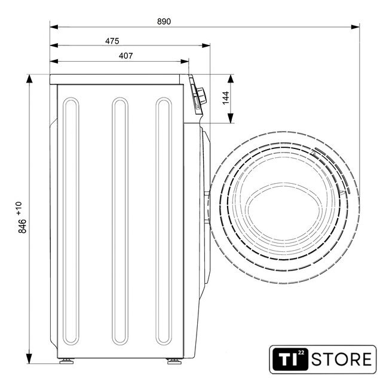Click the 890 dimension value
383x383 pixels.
tap(164, 22)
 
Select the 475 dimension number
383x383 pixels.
tap(112, 41)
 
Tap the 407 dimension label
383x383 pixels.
tap(126, 56)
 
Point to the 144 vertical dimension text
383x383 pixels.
tap(226, 98)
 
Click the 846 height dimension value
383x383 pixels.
tap(23, 226)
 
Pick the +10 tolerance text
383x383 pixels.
tap(19, 209)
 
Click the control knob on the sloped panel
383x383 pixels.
tap(202, 96)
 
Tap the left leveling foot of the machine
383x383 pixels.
tap(66, 361)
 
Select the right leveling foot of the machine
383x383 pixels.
tap(174, 361)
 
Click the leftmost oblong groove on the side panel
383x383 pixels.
tap(71, 221)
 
